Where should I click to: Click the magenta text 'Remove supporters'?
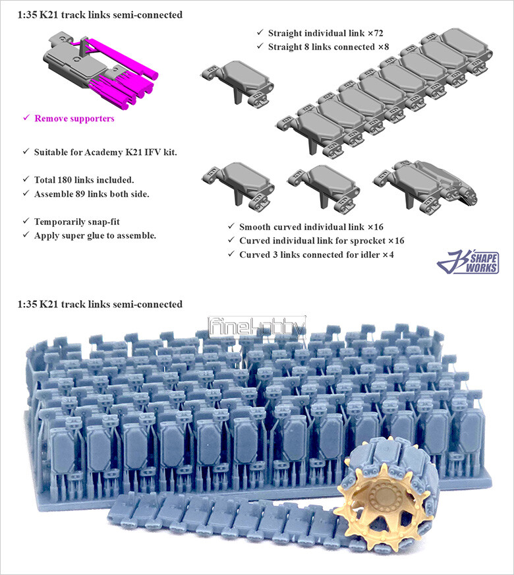74,119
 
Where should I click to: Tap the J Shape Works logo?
469,262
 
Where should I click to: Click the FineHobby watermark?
257,327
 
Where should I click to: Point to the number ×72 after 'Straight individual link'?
375,34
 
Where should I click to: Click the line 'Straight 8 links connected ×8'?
328,47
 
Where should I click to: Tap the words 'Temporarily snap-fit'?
77,222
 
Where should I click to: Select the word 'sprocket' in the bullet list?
368,241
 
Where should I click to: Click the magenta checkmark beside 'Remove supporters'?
26,118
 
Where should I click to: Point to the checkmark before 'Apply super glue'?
26,235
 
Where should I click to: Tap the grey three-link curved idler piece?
426,184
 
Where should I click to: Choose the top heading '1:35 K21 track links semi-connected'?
100,15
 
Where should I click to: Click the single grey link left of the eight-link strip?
237,83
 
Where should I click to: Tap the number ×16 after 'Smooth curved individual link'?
376,227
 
